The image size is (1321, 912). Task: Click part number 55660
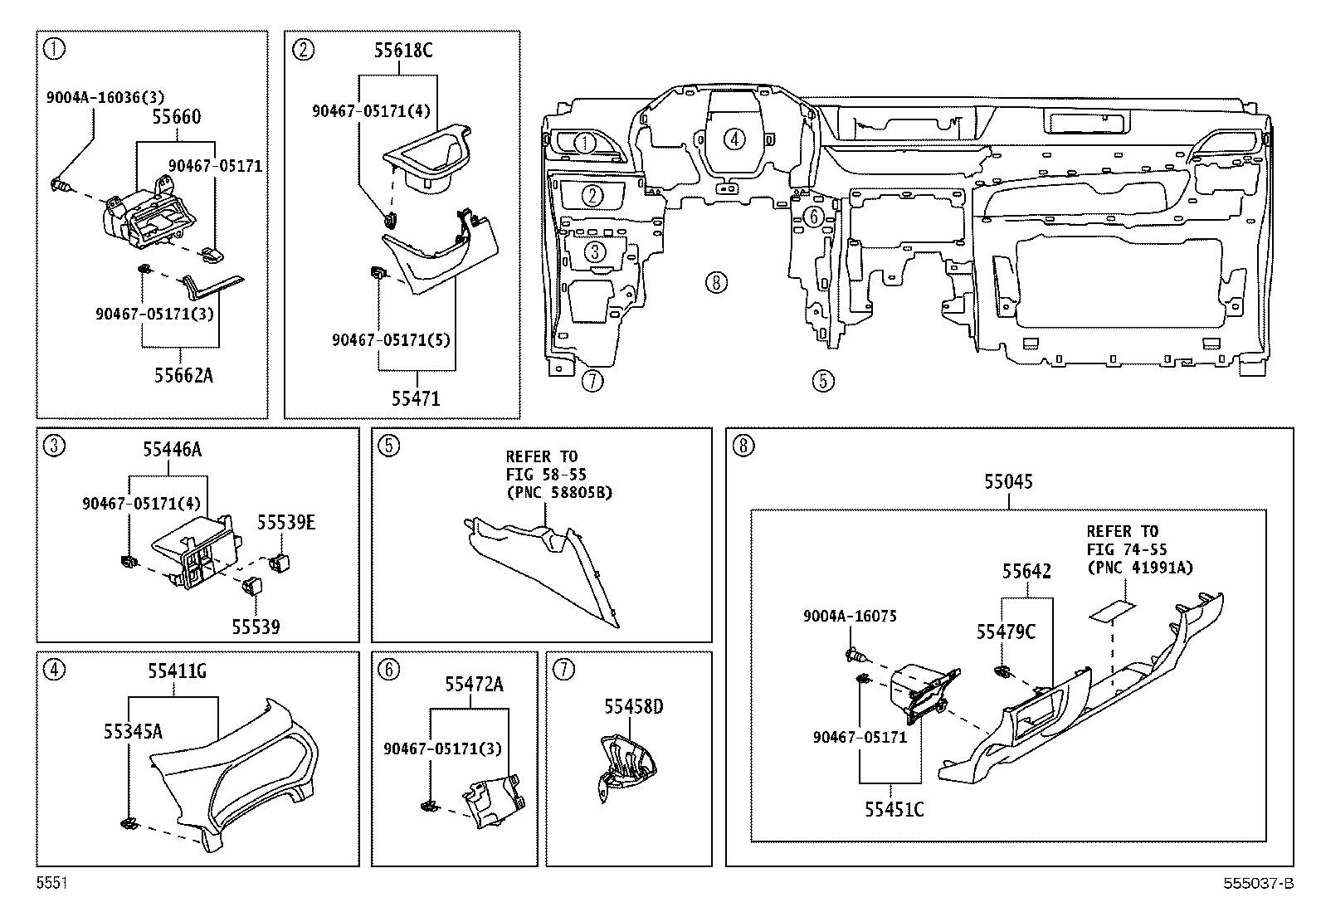(177, 117)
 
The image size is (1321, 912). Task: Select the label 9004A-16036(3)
(105, 97)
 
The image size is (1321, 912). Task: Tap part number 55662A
(183, 375)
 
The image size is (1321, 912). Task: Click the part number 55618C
(403, 51)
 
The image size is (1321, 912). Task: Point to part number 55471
(416, 399)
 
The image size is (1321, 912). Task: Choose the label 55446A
(173, 450)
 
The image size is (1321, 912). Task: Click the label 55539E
(286, 522)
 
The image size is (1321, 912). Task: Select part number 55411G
(177, 671)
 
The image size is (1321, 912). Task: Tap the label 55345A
(133, 731)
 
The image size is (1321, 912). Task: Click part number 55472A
(474, 685)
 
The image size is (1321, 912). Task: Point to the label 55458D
(633, 706)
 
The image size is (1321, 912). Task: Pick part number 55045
(1008, 482)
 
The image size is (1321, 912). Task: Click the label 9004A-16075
(850, 617)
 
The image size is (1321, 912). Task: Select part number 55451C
(894, 810)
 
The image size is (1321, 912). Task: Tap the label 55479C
(1006, 632)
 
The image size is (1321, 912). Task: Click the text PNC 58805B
(558, 493)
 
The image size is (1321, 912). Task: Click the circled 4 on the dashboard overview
(734, 139)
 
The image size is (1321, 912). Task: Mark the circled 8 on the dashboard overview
(716, 283)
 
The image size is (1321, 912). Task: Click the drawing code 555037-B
(1259, 883)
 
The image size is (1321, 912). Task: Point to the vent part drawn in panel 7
(626, 766)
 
